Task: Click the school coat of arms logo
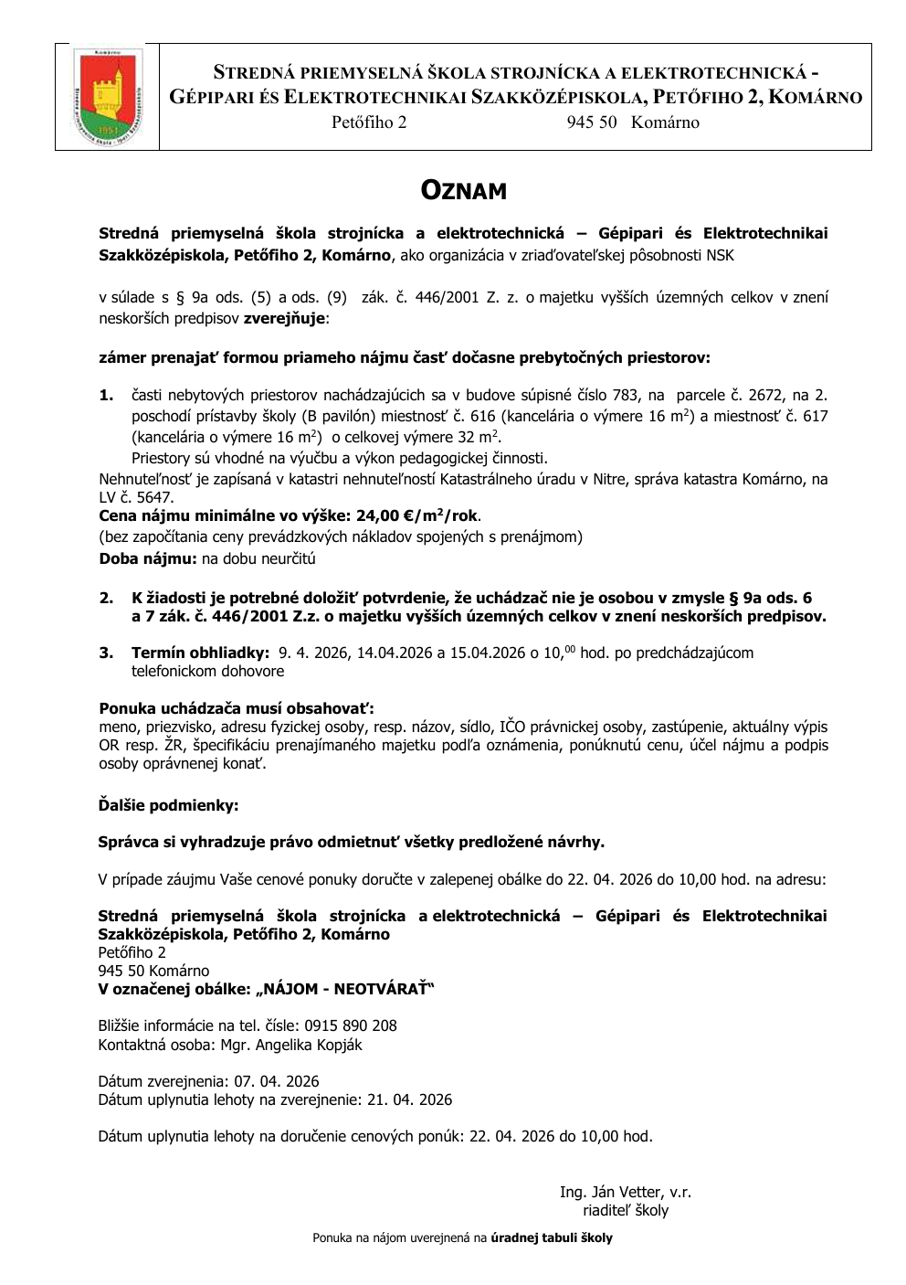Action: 107,97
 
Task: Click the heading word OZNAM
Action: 463,190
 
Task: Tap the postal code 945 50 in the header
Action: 592,122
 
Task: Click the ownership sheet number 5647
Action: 153,497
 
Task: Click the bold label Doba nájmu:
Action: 148,558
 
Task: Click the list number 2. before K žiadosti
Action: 107,598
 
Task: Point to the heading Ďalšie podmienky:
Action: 168,805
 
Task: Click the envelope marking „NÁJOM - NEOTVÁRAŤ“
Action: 346,989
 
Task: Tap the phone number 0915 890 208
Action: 352,1025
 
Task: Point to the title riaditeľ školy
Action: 626,1210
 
